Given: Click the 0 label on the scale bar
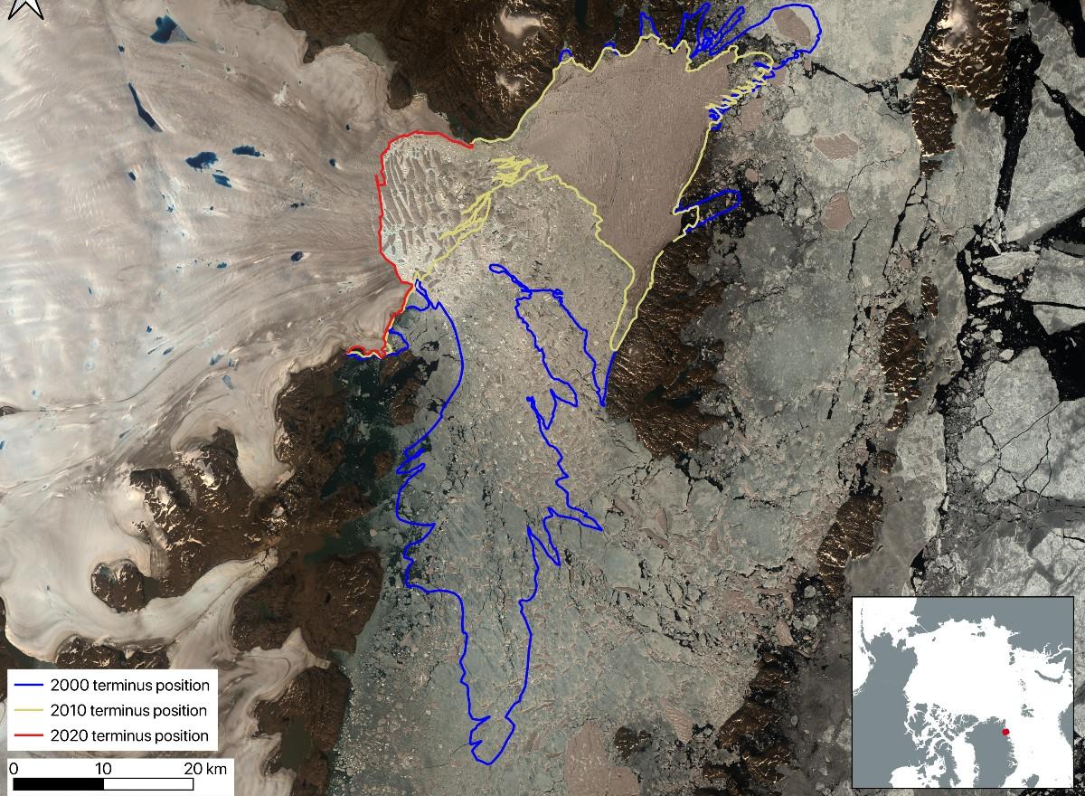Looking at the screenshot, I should [13, 768].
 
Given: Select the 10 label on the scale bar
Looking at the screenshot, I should [103, 768].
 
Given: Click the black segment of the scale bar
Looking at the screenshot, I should [55, 784].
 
